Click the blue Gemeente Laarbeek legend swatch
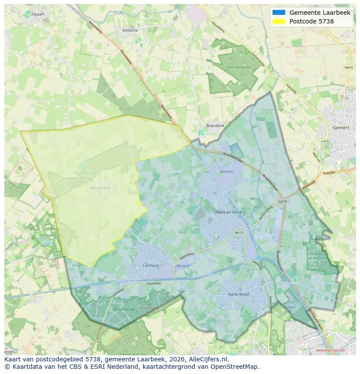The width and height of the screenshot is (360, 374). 279,13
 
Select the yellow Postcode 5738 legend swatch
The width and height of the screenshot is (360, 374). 279,21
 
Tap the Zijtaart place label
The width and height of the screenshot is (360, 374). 38,14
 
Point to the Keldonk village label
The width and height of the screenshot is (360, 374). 130,30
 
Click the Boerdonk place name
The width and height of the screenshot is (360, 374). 215,126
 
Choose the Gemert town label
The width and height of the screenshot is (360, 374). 340,129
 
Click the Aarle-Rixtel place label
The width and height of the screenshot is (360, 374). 239,294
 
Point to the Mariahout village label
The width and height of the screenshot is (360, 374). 100,188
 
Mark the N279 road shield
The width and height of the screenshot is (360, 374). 283,202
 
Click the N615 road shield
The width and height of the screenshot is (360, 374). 239,233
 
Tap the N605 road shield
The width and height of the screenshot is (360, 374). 349,67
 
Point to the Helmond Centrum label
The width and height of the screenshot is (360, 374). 332,350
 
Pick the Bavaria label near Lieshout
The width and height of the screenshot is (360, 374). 183,265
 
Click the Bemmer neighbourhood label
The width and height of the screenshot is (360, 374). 227,172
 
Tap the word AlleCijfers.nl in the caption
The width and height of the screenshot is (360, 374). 208,359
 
